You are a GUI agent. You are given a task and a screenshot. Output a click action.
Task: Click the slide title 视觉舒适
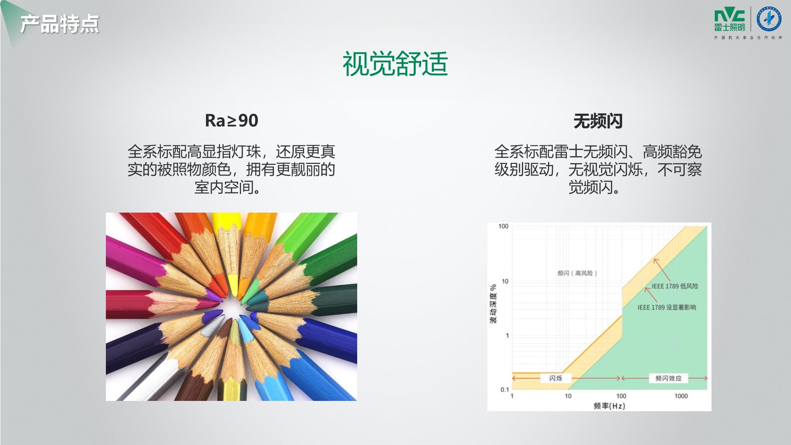[x=395, y=64]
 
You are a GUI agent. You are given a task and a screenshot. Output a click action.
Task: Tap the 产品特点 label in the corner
[x=60, y=24]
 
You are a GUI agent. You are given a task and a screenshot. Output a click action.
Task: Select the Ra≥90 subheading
[x=232, y=121]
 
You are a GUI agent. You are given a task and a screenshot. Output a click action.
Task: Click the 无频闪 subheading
[x=598, y=121]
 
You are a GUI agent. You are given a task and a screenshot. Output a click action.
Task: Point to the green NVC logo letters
[x=730, y=16]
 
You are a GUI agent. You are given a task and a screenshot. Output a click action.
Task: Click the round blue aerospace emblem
[x=769, y=19]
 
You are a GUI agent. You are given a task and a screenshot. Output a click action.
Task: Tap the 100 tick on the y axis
[x=503, y=226]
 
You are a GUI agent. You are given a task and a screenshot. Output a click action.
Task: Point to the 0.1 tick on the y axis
[x=505, y=389]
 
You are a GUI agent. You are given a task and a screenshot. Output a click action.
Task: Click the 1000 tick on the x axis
[x=681, y=396]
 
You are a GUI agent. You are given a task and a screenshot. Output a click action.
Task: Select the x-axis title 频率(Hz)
[x=609, y=406]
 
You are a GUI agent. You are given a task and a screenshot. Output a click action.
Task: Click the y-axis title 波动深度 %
[x=493, y=304]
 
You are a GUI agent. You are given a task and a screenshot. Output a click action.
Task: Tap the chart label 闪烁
[x=556, y=378]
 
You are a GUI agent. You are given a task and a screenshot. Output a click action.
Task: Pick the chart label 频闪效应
[x=668, y=378]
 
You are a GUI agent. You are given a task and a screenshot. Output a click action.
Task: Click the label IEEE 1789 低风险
[x=675, y=286]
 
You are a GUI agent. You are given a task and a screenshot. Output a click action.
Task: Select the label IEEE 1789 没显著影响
[x=667, y=307]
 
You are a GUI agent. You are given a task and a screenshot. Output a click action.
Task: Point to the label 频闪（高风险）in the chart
[x=577, y=273]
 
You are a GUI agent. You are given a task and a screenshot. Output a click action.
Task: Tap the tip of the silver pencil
[x=223, y=316]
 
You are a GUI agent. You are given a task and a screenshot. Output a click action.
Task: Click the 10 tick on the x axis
[x=568, y=396]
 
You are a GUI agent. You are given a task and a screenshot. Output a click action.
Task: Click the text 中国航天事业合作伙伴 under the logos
[x=748, y=37]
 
